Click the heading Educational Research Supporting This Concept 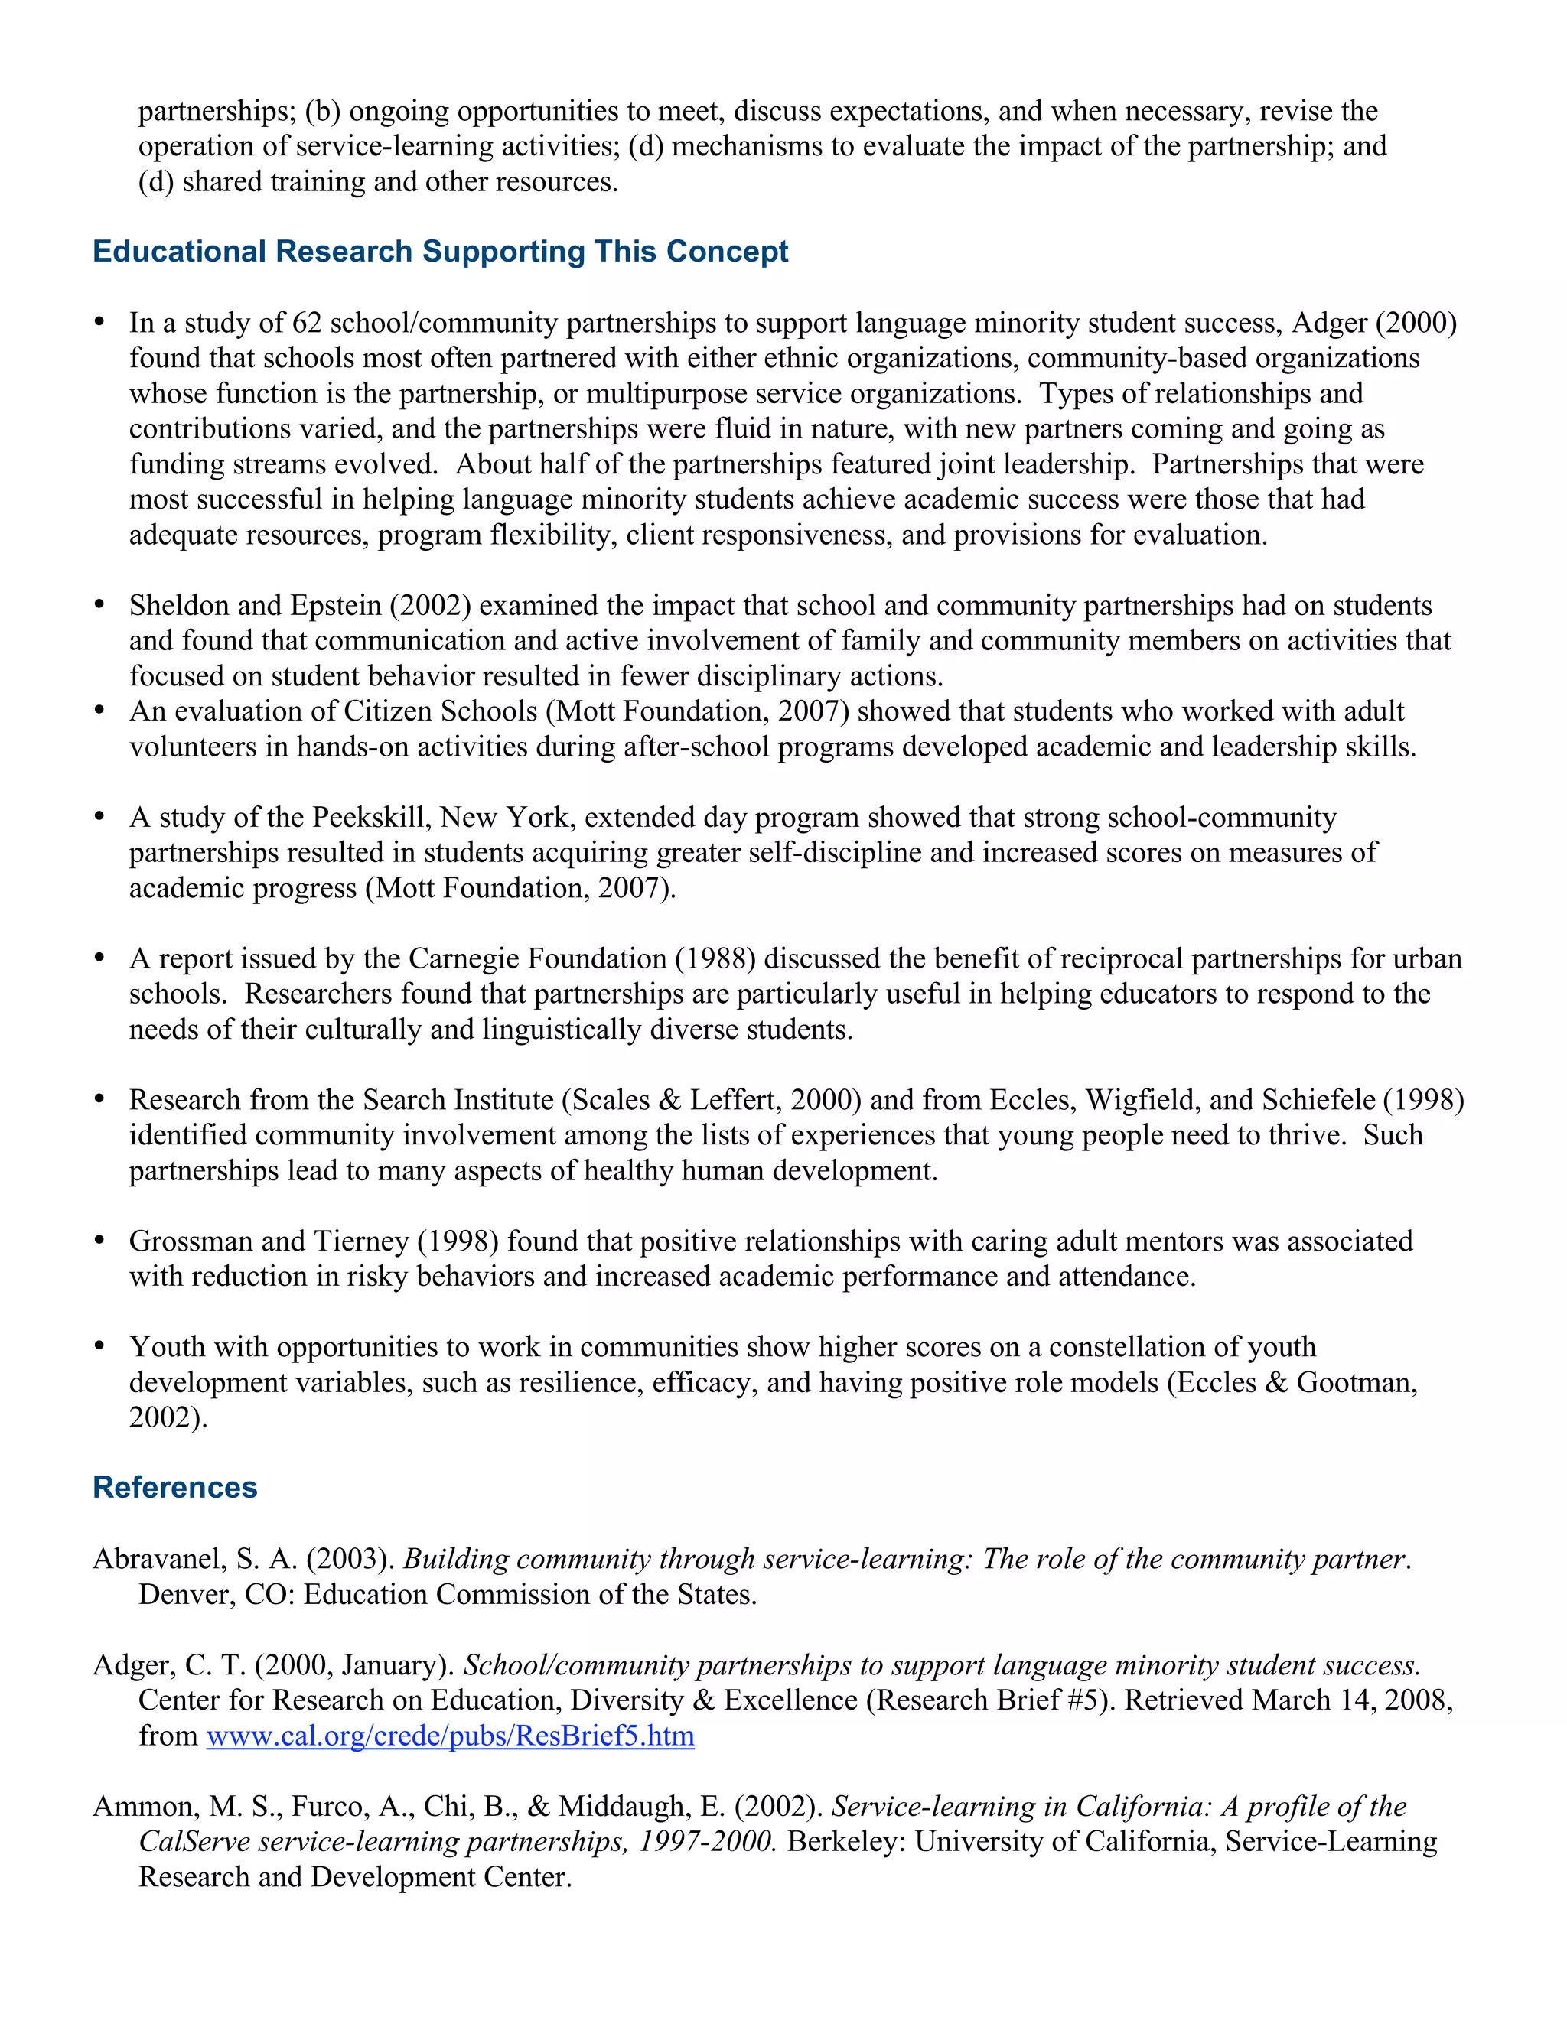coord(440,252)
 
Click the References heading coord(174,1487)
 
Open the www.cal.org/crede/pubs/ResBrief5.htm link coord(449,1736)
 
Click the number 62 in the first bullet coord(306,323)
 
